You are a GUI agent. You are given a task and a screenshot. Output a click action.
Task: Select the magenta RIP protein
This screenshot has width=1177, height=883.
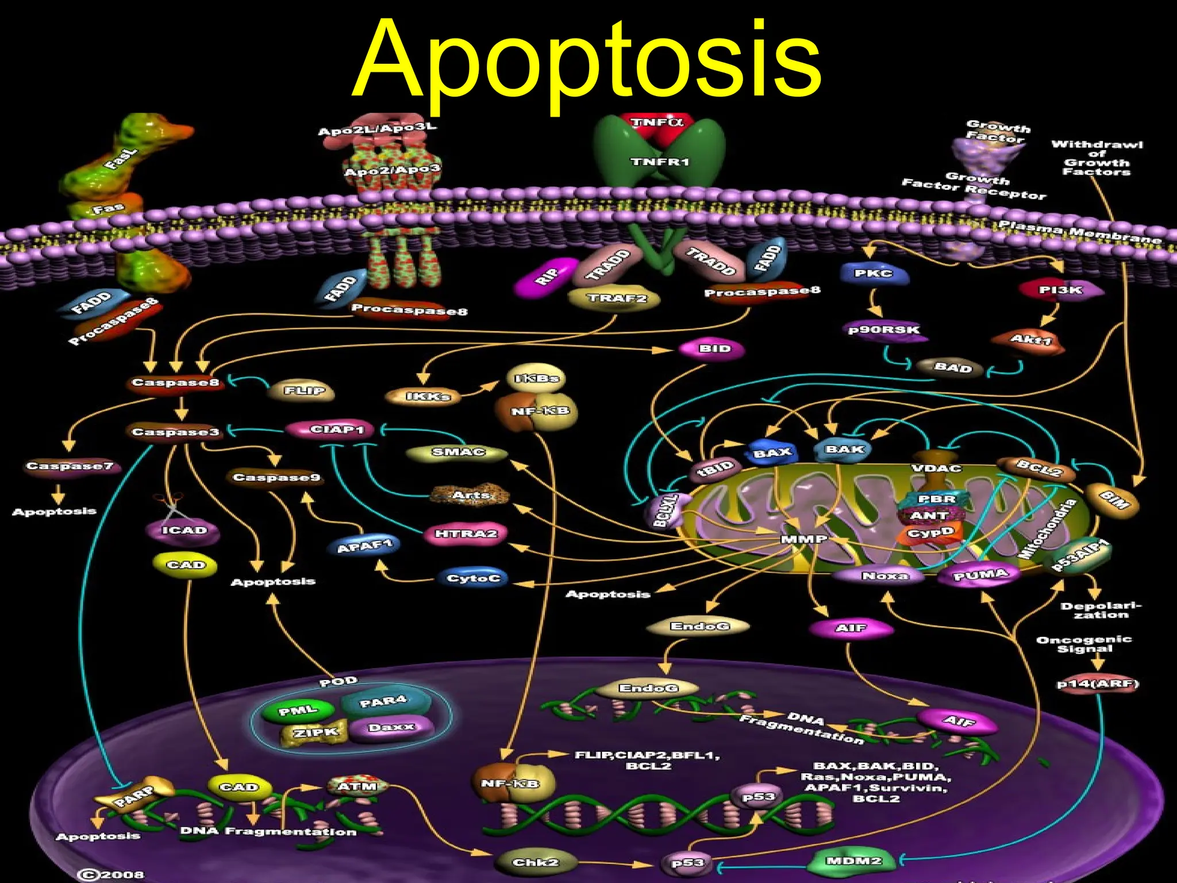(x=547, y=277)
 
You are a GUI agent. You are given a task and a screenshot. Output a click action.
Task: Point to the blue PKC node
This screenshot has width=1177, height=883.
(x=874, y=274)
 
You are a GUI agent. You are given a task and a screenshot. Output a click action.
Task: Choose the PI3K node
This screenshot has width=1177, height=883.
(x=1061, y=290)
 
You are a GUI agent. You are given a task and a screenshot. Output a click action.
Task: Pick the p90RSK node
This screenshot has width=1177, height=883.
(x=884, y=330)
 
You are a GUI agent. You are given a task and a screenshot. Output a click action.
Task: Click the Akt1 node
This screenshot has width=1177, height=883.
(x=1030, y=340)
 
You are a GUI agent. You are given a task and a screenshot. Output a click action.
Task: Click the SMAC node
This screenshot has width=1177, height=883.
(x=458, y=452)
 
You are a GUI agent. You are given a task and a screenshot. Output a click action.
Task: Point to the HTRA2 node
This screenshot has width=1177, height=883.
(x=466, y=534)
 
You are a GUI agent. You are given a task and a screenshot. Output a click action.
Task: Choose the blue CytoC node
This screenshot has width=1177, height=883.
(x=474, y=578)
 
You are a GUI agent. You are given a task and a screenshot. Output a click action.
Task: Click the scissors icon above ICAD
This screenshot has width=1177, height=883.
(x=170, y=504)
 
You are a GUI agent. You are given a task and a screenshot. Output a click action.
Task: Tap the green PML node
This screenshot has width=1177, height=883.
(x=298, y=711)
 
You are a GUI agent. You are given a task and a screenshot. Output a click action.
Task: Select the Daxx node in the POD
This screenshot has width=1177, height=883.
(x=391, y=727)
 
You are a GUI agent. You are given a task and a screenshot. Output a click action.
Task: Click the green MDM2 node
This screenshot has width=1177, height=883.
(x=853, y=861)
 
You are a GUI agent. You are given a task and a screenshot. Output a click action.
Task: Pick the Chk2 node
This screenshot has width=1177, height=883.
(x=535, y=862)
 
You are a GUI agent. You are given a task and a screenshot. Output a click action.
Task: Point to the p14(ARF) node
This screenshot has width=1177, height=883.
(x=1098, y=684)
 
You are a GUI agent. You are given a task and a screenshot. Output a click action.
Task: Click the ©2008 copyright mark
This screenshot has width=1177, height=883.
(x=110, y=874)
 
